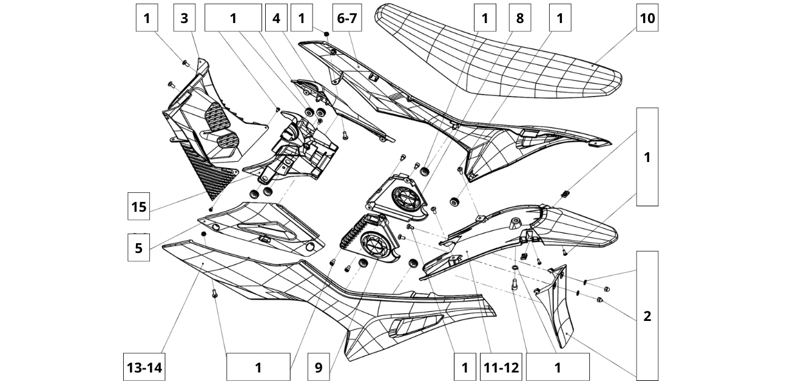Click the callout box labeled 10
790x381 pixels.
(x=647, y=18)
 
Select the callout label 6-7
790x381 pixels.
(x=347, y=18)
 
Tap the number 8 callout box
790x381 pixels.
(x=520, y=18)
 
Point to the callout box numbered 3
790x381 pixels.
(x=184, y=18)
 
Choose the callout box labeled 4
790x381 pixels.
(x=277, y=18)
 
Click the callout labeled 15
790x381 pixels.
(x=139, y=207)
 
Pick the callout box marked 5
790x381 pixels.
(x=139, y=248)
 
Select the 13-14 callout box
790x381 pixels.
(x=145, y=367)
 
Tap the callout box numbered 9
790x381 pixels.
(x=319, y=367)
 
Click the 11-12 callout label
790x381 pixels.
(x=501, y=367)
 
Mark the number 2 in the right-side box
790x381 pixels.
(x=647, y=315)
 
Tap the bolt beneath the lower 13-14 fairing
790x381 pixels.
(x=214, y=294)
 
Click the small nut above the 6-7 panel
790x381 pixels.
(x=327, y=35)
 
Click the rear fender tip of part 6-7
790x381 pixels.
(x=601, y=144)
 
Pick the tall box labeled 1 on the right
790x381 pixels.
(x=647, y=157)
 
